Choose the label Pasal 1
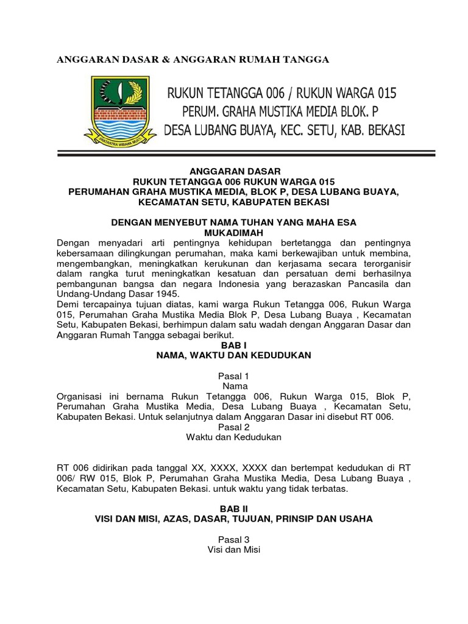[233, 375]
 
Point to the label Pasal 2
[233, 427]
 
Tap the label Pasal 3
[233, 539]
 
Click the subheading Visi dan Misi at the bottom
[233, 550]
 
